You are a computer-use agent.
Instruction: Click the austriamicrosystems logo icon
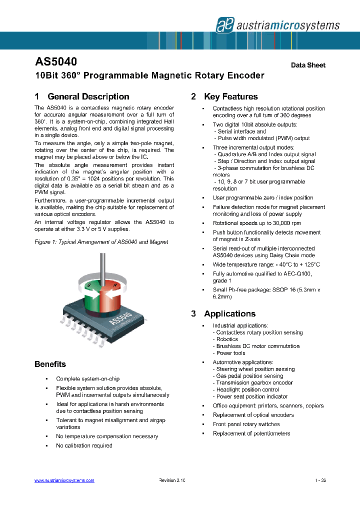222,24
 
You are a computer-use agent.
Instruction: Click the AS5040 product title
55,62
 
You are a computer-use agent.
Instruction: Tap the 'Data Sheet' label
308,65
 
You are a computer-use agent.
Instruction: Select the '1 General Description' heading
82,96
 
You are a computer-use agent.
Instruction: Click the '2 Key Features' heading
224,96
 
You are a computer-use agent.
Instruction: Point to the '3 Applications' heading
223,313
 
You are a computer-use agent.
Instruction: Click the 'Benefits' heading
50,364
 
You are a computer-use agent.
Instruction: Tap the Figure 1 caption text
101,242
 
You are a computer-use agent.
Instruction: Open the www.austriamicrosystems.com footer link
64,480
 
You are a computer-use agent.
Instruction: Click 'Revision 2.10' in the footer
172,480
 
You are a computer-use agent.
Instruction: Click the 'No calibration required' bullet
84,445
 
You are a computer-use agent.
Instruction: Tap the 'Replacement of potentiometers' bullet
251,433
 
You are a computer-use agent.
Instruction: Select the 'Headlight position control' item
247,389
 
